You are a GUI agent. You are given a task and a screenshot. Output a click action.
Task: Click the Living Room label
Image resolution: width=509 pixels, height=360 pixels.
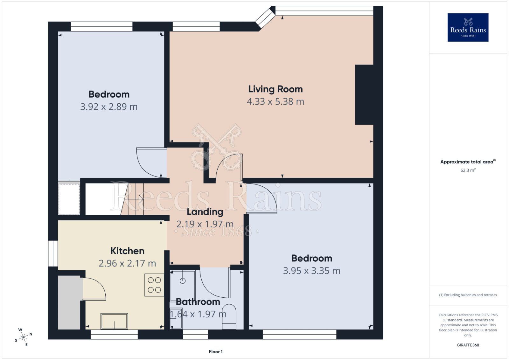coord(275,89)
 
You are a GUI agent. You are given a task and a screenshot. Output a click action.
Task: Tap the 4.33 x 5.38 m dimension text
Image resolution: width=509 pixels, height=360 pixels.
coord(275,102)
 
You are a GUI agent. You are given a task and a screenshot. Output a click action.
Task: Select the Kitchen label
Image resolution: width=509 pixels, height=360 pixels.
coord(127,251)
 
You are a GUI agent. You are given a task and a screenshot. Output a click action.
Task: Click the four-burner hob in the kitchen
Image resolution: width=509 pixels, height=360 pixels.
coord(154,285)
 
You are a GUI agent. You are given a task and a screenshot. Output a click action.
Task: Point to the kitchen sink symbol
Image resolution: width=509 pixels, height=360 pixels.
coord(114,321)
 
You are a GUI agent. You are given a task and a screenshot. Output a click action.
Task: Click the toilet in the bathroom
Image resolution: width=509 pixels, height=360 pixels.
coord(229,316)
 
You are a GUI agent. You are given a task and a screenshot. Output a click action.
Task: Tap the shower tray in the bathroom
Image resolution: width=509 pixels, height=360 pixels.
coord(183,281)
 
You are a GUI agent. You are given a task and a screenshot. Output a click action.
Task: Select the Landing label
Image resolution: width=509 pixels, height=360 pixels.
coord(205,212)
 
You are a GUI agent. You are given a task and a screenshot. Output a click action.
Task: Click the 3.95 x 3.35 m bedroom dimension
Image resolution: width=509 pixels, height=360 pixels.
coord(311,271)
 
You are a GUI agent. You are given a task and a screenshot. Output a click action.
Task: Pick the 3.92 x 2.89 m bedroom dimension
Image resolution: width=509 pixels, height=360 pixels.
coord(109,107)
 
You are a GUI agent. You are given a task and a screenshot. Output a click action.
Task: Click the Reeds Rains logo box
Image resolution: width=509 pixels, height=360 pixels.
coord(468,27)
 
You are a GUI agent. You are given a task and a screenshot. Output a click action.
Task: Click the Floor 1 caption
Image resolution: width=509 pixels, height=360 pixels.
coord(215,352)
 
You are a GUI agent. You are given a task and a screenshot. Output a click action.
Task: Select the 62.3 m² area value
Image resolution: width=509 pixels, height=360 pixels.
coord(468,170)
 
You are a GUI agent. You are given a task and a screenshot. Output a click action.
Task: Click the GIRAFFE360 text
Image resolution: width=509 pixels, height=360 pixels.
coord(468,345)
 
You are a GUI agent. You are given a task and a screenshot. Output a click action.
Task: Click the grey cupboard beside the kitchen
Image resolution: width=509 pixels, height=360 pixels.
coord(69,302)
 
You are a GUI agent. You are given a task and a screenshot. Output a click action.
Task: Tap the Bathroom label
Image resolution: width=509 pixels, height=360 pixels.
coord(198,302)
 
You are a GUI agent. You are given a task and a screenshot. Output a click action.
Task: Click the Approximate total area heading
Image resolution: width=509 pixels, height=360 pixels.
coord(467,162)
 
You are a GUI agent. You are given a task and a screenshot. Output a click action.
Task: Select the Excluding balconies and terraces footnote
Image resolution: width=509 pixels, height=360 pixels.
coord(468,295)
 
